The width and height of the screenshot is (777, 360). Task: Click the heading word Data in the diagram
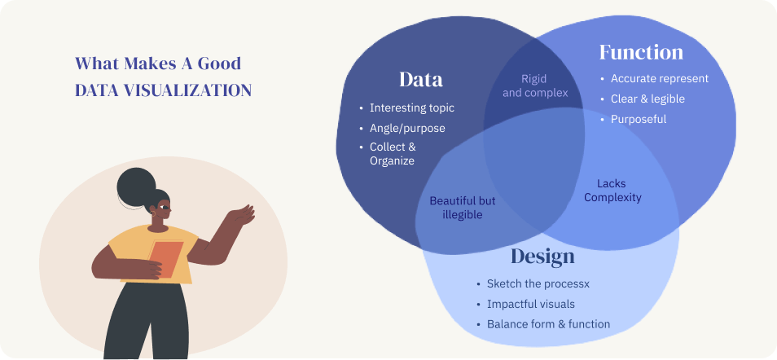(x=421, y=79)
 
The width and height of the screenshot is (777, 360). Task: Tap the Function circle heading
(x=641, y=52)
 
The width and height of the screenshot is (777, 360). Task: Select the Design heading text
(x=542, y=256)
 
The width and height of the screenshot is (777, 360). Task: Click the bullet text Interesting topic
(x=412, y=108)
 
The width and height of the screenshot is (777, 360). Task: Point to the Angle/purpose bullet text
(x=407, y=128)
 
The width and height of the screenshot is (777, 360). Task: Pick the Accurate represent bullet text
(x=660, y=78)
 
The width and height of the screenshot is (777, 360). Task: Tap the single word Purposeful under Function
(x=639, y=119)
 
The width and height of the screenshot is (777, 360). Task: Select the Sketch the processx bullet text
(x=538, y=283)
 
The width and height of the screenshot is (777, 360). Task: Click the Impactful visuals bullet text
(x=531, y=304)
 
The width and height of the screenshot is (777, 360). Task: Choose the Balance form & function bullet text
(x=549, y=324)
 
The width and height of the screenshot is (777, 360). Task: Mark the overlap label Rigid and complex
(x=535, y=86)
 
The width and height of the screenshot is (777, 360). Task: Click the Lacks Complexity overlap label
(x=612, y=191)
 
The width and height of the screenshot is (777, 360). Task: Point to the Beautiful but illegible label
(x=463, y=208)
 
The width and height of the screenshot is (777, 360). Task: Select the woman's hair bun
(x=136, y=187)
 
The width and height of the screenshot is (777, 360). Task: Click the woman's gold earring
(x=154, y=214)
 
